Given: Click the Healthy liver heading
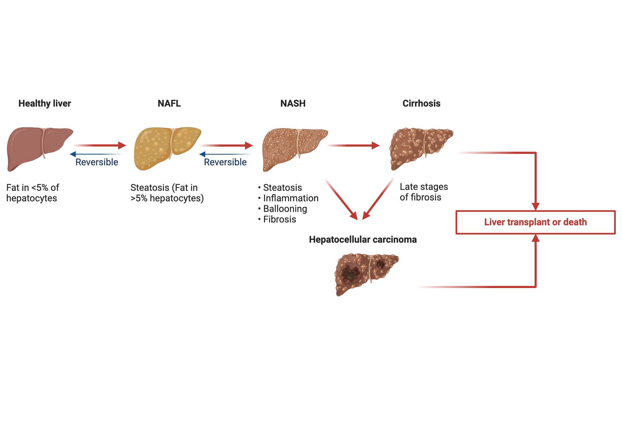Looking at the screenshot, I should [x=45, y=103].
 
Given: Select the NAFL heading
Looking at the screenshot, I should [x=169, y=103].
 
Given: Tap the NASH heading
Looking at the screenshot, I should [x=293, y=103].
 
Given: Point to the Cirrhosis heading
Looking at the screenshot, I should [x=421, y=103].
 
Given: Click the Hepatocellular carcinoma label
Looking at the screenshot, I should [x=363, y=240].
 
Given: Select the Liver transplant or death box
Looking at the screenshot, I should [x=535, y=222].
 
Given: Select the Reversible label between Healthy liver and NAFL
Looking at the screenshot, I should [x=97, y=162].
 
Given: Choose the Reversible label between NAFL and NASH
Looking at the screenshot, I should [x=225, y=162].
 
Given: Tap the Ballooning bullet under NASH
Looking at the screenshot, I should [x=285, y=209].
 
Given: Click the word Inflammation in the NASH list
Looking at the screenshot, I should [x=291, y=198].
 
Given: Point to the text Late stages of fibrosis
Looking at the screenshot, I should [x=424, y=192].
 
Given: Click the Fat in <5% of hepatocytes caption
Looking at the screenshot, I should [x=33, y=193].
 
